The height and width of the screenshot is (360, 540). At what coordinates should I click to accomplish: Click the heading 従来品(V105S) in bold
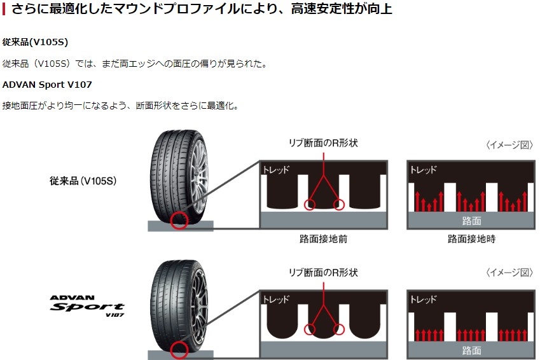35,42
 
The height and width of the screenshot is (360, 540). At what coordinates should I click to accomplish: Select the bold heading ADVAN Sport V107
48,84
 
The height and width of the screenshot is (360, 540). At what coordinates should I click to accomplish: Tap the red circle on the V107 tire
181,350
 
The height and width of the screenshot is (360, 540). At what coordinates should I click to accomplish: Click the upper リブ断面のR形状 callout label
324,143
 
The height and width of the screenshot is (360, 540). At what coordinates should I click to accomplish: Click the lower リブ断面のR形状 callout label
324,272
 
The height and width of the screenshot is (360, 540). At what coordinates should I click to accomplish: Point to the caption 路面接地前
323,240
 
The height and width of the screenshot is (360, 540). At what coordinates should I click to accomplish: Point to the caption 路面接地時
471,240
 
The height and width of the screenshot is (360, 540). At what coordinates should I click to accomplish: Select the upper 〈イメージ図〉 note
509,145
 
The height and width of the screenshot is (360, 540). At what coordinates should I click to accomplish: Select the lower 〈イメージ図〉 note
509,273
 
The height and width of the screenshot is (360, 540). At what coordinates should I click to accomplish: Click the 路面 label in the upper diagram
471,221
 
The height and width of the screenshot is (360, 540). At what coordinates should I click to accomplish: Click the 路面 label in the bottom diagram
471,350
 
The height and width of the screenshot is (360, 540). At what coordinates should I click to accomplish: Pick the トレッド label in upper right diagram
424,170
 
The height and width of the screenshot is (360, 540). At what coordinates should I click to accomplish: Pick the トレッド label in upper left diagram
276,170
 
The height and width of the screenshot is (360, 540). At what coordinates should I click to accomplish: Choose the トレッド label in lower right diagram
424,299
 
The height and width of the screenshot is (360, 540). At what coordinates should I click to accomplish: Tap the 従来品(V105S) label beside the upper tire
83,181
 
